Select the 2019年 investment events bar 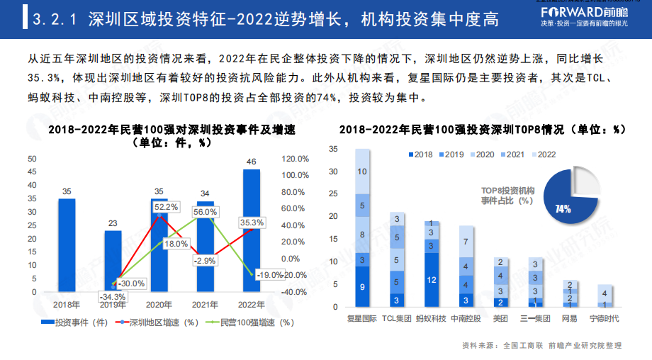pyautogui.click(x=113, y=261)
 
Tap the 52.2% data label pyautogui.click(x=166, y=207)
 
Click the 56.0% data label pyautogui.click(x=205, y=212)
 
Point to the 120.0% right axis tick pyautogui.click(x=295, y=159)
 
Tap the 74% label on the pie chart pyautogui.click(x=563, y=209)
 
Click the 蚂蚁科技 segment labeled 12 pyautogui.click(x=432, y=280)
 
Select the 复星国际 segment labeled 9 pyautogui.click(x=362, y=287)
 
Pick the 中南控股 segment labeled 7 pyautogui.click(x=466, y=242)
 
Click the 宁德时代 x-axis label pyautogui.click(x=605, y=319)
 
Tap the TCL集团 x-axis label pyautogui.click(x=397, y=319)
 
